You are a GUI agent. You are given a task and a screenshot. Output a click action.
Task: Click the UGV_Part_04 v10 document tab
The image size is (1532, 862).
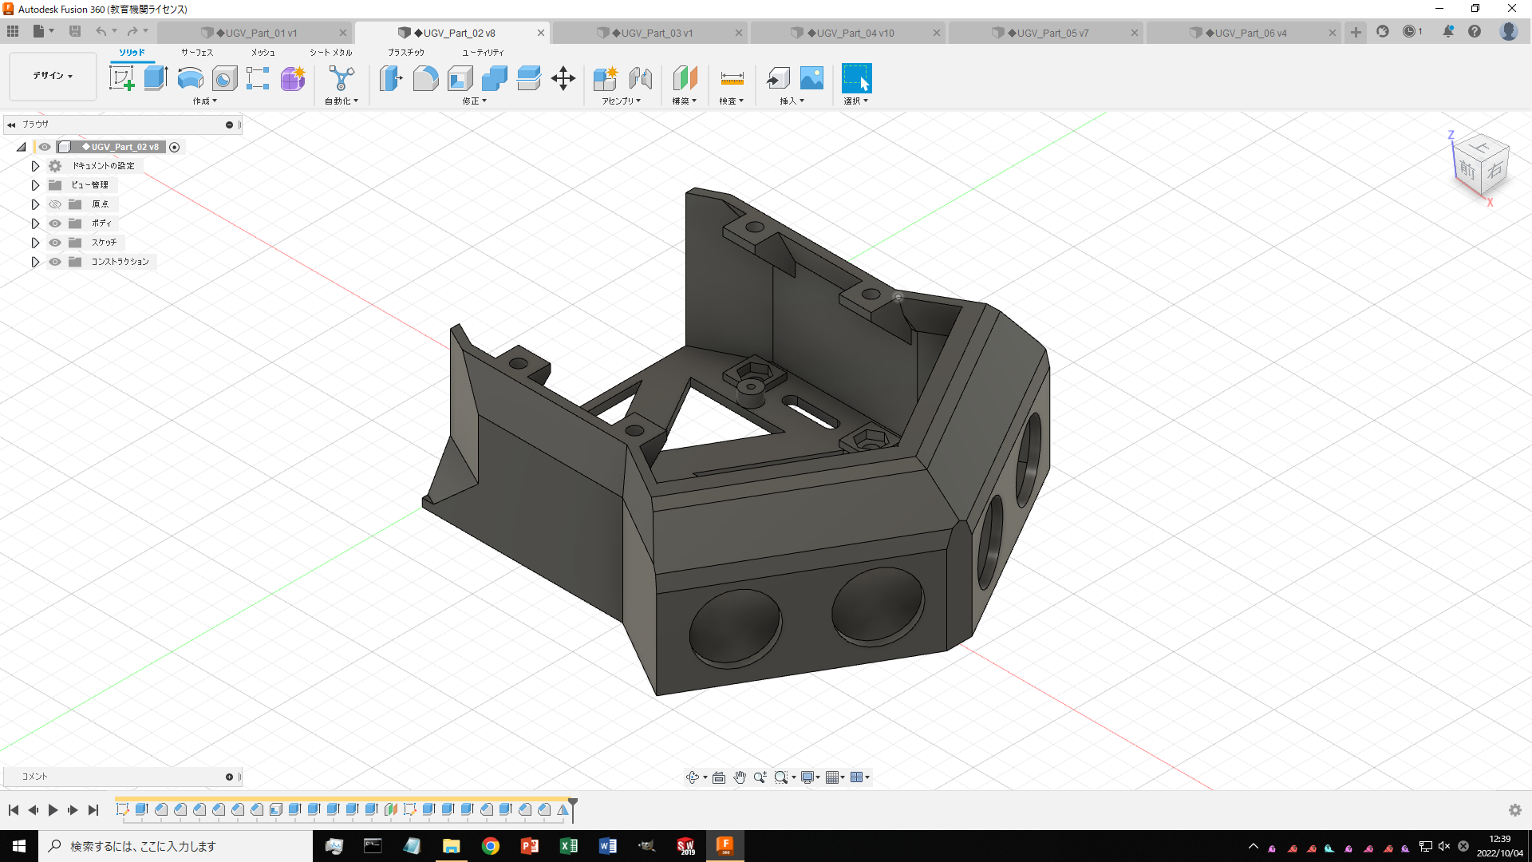850,33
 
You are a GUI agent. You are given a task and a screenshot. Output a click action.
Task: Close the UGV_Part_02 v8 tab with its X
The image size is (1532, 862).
541,33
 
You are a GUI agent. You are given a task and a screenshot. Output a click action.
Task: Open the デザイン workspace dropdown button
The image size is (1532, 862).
53,76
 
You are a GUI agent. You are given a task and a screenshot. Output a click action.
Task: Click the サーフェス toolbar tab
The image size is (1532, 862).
196,53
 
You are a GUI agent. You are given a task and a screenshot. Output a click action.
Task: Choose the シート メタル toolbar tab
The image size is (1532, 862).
330,53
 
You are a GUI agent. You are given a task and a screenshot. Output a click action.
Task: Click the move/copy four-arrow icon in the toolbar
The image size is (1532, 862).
563,78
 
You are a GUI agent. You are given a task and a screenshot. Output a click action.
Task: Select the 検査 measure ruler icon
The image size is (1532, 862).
732,78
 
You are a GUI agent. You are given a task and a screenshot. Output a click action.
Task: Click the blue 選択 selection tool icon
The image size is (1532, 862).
856,78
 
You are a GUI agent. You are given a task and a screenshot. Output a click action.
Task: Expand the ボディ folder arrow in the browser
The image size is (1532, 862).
35,223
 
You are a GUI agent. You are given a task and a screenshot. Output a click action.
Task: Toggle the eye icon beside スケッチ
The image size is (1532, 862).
55,243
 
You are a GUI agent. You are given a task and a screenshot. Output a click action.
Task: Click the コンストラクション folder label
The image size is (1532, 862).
120,262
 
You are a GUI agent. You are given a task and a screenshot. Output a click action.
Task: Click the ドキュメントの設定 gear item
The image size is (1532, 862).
103,166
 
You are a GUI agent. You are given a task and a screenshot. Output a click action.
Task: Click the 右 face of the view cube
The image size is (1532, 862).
1494,170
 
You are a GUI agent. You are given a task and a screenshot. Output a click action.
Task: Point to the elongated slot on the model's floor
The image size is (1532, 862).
811,413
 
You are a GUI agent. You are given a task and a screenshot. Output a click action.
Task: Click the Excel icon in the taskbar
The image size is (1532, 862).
569,846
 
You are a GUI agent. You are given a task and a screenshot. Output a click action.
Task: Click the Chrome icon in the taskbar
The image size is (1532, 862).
491,846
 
